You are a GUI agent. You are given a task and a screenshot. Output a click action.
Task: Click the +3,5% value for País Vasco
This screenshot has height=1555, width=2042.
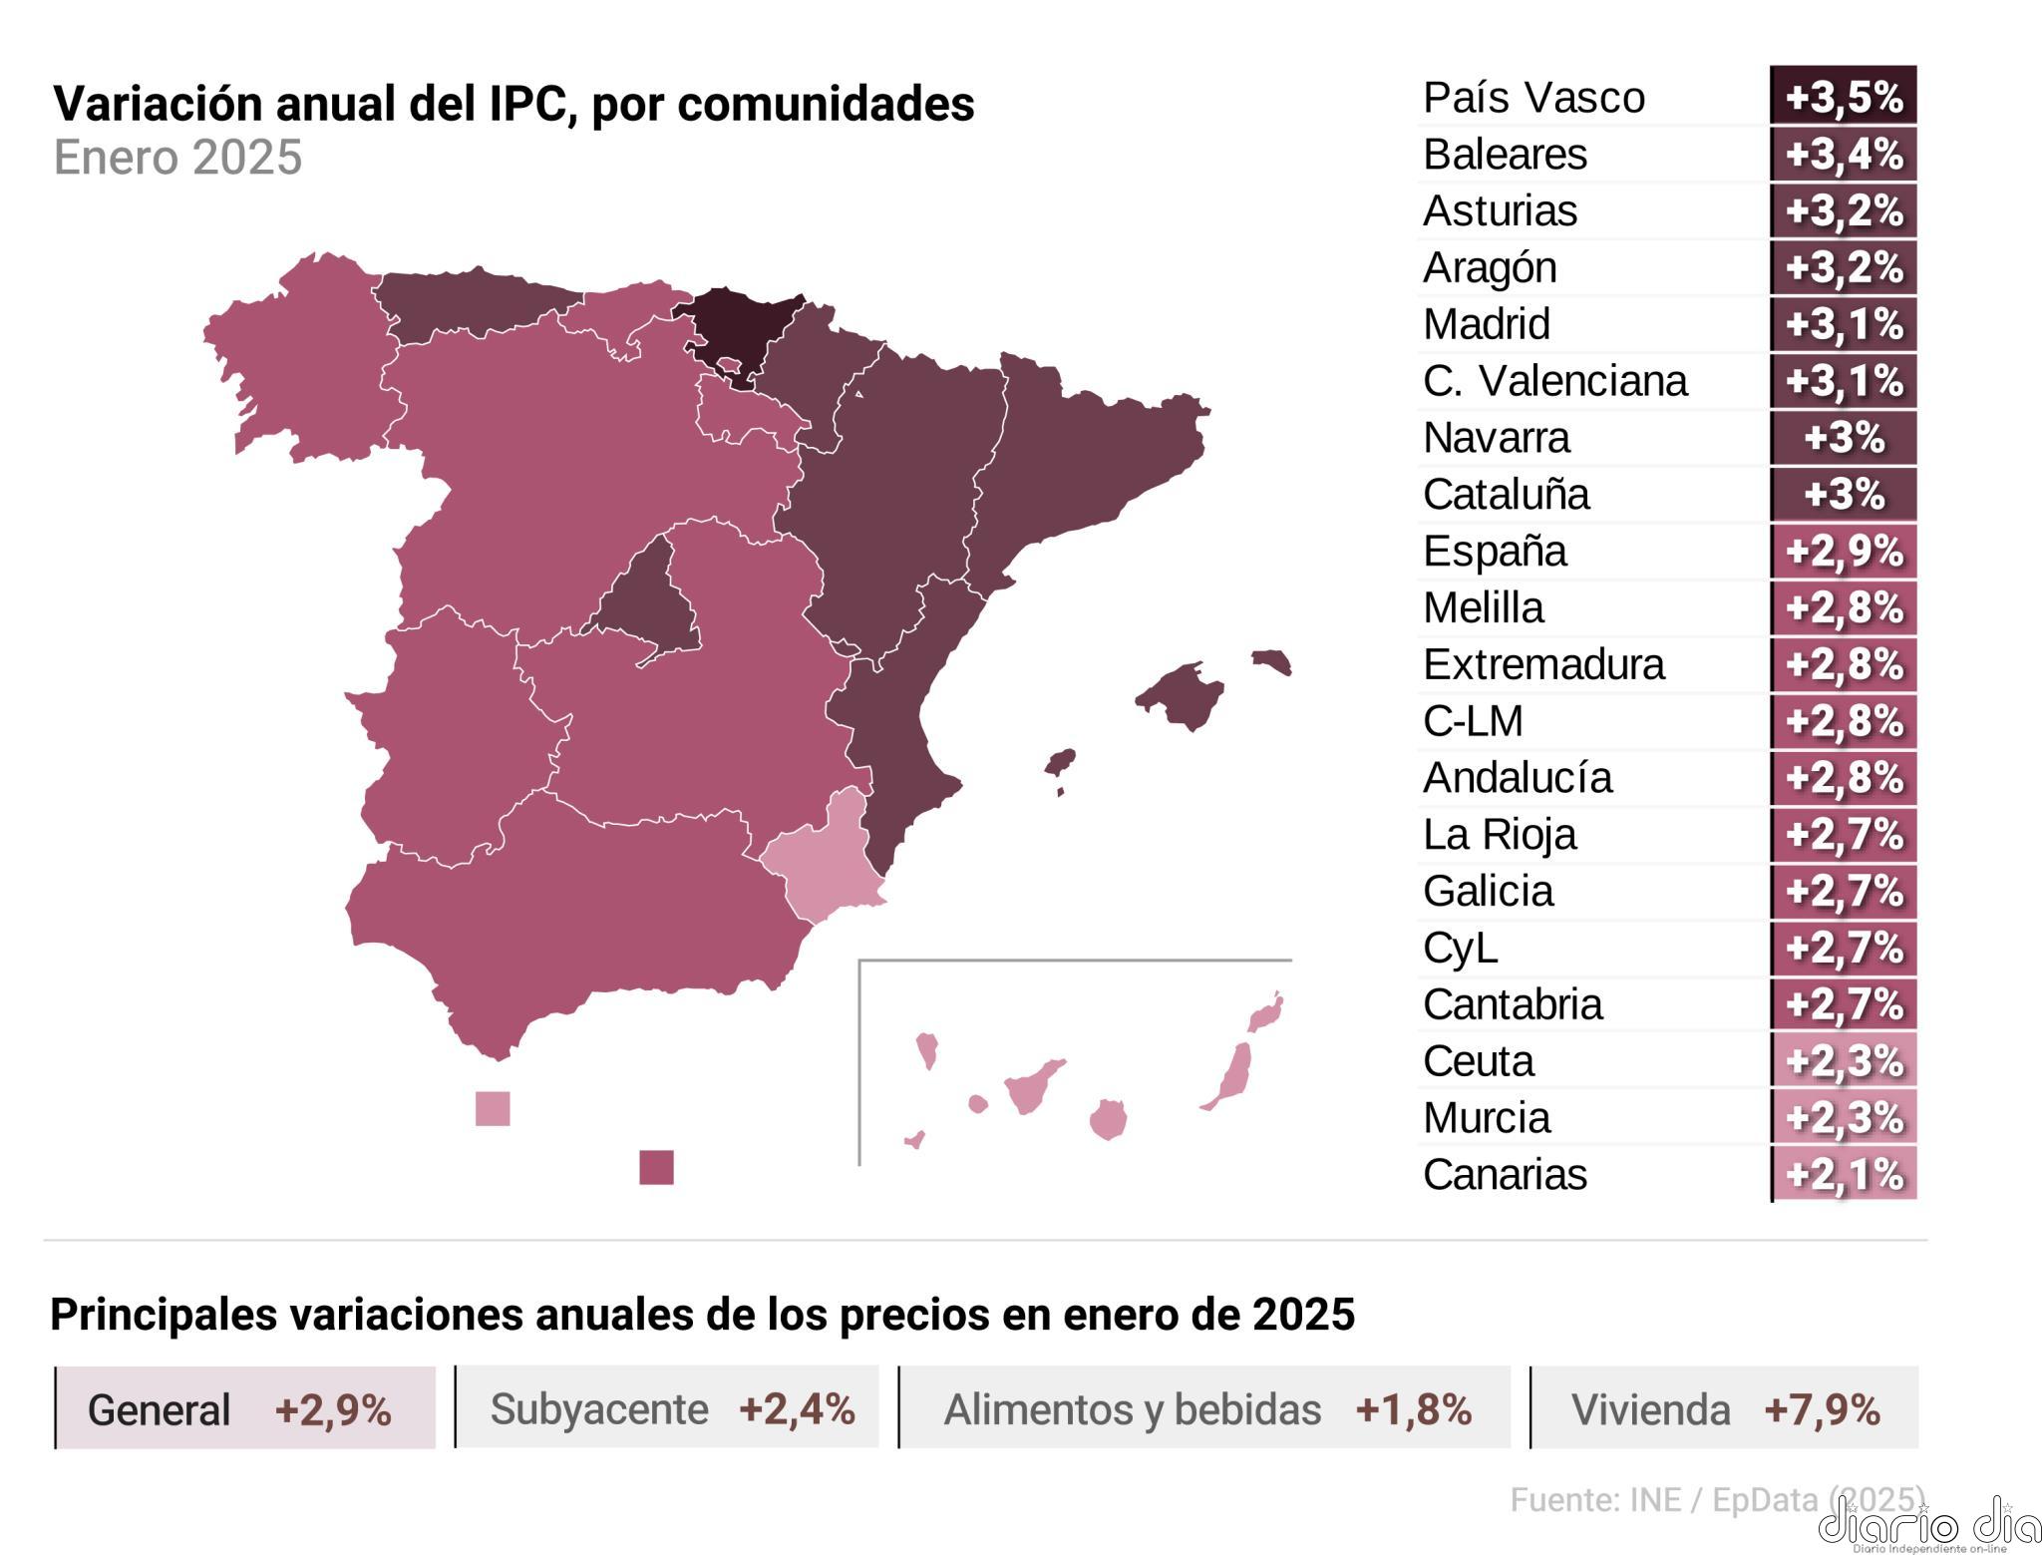tap(1844, 97)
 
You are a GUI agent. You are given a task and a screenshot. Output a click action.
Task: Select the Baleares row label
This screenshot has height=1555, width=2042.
tap(1505, 155)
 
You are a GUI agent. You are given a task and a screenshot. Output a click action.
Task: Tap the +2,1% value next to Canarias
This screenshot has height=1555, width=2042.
tap(1844, 1174)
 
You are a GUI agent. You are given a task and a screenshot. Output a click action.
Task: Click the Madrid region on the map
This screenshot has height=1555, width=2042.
tap(646, 608)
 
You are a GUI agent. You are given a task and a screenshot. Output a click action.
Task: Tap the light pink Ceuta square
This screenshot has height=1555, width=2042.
tap(493, 1108)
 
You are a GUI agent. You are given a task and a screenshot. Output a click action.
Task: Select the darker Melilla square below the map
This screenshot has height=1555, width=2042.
tap(656, 1167)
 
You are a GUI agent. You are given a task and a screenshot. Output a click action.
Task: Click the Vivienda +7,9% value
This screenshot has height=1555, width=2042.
tap(1822, 1409)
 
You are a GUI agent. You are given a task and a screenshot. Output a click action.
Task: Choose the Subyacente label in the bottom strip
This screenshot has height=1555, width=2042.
tap(599, 1409)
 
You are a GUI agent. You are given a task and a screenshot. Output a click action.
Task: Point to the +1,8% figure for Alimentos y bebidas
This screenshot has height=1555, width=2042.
tap(1413, 1409)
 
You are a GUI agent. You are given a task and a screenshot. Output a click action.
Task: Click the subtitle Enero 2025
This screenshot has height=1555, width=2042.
tap(177, 158)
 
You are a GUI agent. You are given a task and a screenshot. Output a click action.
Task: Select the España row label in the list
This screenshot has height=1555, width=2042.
tap(1495, 552)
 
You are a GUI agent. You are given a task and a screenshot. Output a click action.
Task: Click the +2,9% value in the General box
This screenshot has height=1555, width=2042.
tap(333, 1410)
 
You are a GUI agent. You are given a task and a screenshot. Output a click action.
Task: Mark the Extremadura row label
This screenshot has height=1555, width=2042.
tap(1543, 664)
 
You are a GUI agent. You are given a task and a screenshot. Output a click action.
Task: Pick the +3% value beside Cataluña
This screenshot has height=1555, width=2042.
tap(1844, 495)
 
